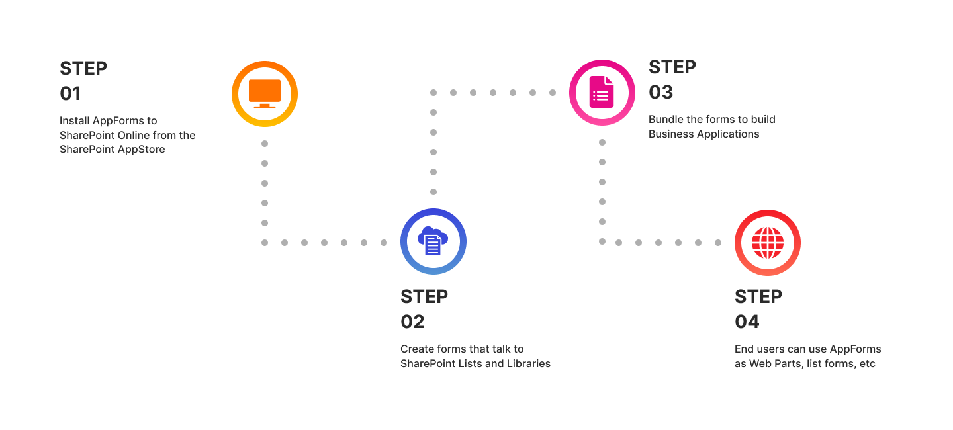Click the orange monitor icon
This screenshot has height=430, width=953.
click(x=265, y=93)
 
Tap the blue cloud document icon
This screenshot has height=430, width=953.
click(x=433, y=241)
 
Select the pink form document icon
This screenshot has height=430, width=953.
click(x=602, y=92)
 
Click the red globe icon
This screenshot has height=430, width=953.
click(x=768, y=243)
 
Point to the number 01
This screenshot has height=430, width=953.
click(x=70, y=93)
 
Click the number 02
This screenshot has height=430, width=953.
click(x=412, y=322)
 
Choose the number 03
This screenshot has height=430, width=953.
click(x=660, y=93)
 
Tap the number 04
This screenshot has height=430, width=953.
click(x=747, y=322)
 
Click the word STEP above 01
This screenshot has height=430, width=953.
click(x=83, y=69)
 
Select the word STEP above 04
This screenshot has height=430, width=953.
click(x=758, y=297)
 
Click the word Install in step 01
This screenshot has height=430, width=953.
click(x=74, y=121)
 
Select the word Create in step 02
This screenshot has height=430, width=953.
click(x=417, y=349)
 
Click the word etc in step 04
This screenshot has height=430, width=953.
click(x=867, y=364)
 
